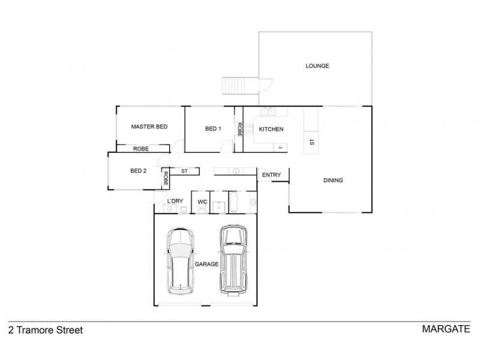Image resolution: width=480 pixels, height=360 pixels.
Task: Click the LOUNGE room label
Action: pos(317,66)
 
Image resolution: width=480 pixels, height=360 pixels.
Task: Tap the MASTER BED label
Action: pos(149,127)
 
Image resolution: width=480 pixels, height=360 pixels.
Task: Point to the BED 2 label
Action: pos(138,171)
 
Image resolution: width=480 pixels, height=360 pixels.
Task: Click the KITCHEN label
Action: pos(271,130)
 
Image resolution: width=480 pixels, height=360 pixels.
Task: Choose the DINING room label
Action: pos(333,181)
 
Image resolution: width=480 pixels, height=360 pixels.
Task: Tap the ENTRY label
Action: pos(271,175)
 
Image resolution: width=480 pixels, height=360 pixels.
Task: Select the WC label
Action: pos(202,202)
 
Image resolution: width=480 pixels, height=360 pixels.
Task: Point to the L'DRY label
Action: pos(175,201)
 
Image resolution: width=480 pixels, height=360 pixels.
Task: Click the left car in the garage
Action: pos(181,261)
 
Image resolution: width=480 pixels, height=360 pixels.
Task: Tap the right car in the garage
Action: pos(233,259)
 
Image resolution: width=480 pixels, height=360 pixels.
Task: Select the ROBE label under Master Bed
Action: pos(141,149)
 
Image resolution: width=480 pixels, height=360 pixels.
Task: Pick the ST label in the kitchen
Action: pos(311,142)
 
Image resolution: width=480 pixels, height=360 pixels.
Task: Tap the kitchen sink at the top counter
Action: pos(268,111)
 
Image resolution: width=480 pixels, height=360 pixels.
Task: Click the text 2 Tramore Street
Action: pos(45,330)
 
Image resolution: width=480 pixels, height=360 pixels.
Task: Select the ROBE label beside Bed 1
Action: pos(239,129)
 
